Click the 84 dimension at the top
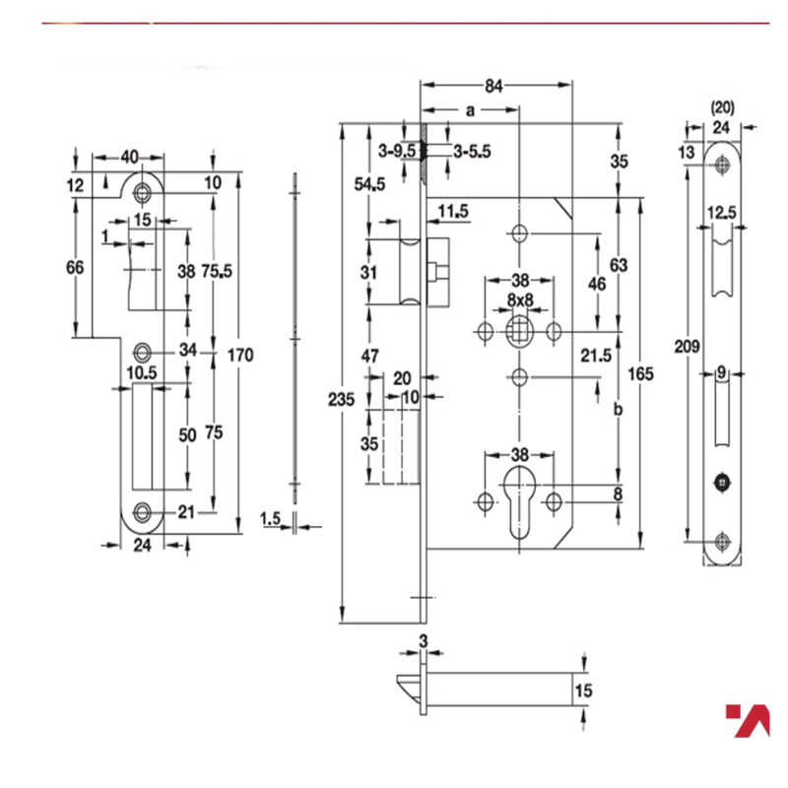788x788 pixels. pos(494,86)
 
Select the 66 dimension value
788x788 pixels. pos(76,267)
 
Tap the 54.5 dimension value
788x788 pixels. pos(369,184)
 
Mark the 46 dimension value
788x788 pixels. pos(596,284)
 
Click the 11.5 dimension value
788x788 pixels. pos(453,211)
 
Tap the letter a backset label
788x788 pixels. pos(470,111)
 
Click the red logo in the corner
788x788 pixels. pos(747,720)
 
